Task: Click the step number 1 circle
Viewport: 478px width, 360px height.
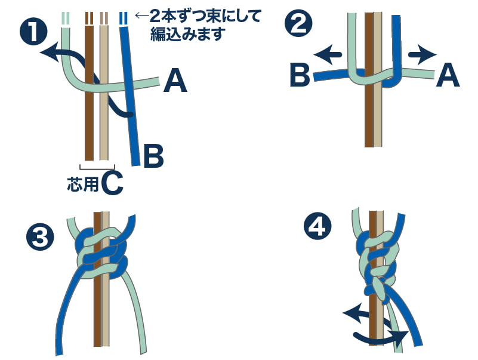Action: pyautogui.click(x=33, y=32)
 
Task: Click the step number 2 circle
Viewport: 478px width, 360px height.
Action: pyautogui.click(x=298, y=23)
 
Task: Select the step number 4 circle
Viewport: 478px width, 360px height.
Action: pyautogui.click(x=317, y=227)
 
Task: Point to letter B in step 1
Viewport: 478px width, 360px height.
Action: pyautogui.click(x=153, y=156)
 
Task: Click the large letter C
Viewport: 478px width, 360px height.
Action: pyautogui.click(x=112, y=183)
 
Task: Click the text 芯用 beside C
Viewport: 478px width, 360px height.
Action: pyautogui.click(x=82, y=184)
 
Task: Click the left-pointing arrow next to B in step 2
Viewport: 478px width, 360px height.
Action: pyautogui.click(x=328, y=55)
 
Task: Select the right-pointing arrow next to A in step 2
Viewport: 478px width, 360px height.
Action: pyautogui.click(x=423, y=55)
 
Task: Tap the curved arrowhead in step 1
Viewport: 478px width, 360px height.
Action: pyautogui.click(x=49, y=52)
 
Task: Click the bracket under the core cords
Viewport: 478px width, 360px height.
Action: pyautogui.click(x=97, y=167)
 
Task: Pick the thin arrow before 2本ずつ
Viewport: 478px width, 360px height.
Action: pyautogui.click(x=142, y=16)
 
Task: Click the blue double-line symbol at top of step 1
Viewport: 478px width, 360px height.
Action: pyautogui.click(x=123, y=19)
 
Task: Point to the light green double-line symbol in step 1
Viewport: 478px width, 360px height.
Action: pyautogui.click(x=66, y=19)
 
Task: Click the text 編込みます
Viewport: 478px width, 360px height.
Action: pyautogui.click(x=188, y=34)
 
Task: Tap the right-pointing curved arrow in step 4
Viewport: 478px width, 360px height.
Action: pyautogui.click(x=381, y=337)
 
